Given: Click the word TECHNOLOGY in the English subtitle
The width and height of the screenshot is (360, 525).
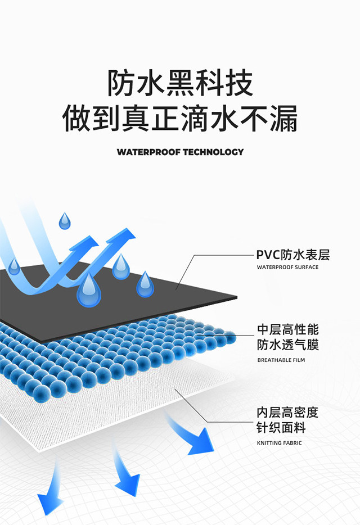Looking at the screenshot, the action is coord(213,152).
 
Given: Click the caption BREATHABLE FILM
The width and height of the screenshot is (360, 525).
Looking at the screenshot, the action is coord(281,360).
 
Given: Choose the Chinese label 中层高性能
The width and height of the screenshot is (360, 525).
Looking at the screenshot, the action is coord(288,329).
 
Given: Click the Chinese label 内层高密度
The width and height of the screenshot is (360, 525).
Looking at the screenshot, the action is coord(288,413).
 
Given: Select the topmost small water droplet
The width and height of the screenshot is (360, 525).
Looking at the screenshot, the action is coord(65,221).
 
